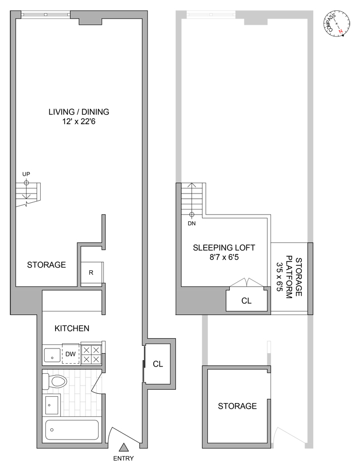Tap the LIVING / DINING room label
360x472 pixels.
tap(79, 112)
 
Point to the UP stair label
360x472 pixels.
tap(26, 174)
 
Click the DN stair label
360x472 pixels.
tap(192, 223)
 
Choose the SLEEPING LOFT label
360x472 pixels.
tap(224, 248)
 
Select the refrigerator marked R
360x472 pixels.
tap(91, 273)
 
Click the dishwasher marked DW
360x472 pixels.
tap(70, 354)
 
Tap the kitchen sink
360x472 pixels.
tap(52, 355)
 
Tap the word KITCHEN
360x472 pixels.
tap(72, 328)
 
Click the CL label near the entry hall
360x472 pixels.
tap(158, 364)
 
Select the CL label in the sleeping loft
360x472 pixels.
tap(246, 301)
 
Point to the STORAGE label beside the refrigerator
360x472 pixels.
tap(46, 265)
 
